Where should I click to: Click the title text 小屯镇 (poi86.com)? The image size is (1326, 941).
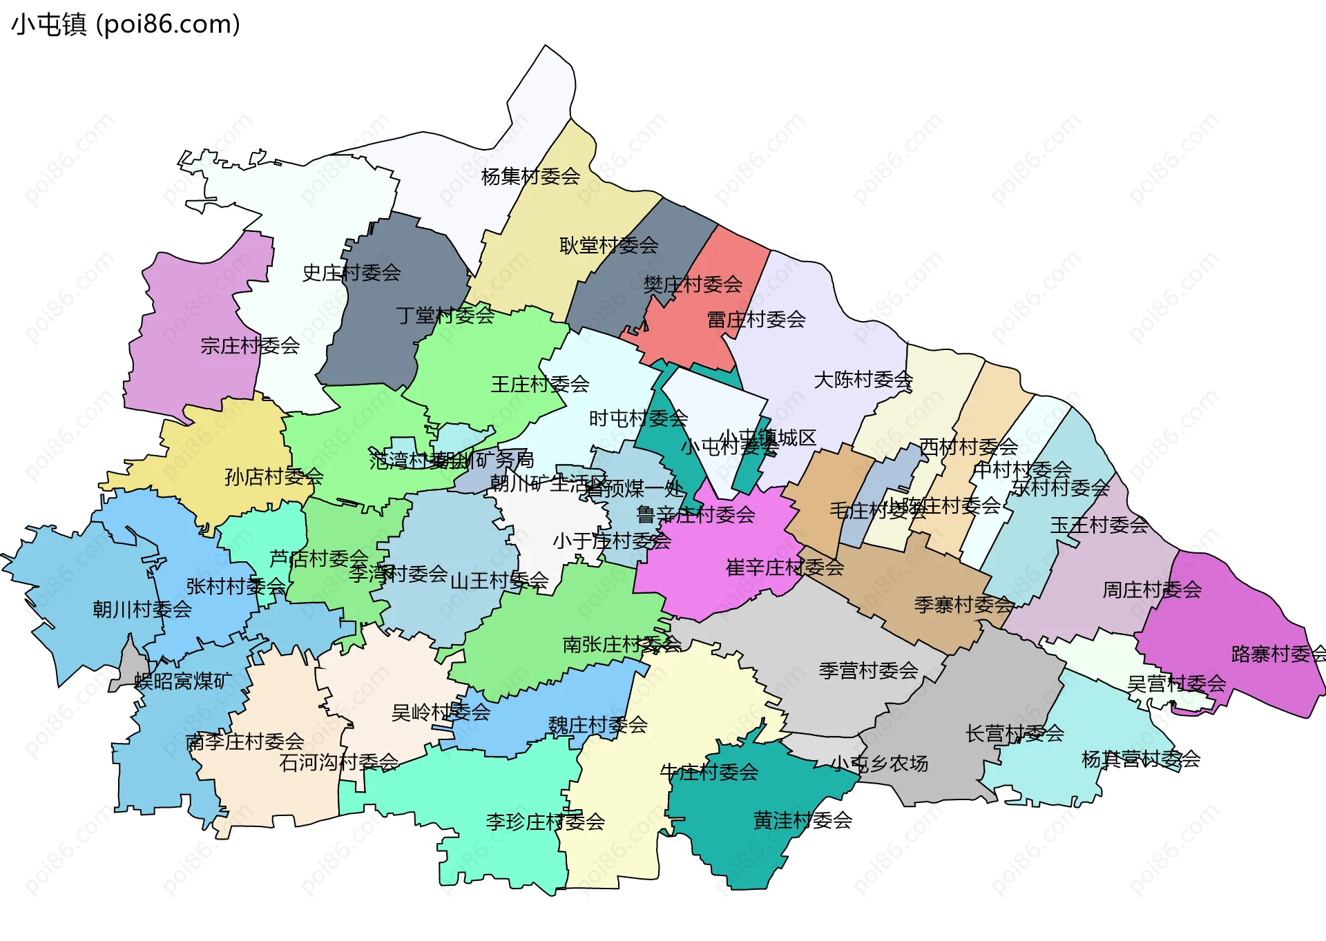(x=126, y=25)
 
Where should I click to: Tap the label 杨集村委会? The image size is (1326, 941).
(x=530, y=177)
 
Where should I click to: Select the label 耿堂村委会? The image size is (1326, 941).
(x=608, y=245)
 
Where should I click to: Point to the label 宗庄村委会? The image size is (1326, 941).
(x=250, y=345)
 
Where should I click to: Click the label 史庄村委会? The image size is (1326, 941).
(x=352, y=273)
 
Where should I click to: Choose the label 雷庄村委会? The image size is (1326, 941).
(x=756, y=320)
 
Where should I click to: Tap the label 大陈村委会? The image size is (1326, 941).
(x=863, y=380)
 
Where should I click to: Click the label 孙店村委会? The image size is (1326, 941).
(x=273, y=476)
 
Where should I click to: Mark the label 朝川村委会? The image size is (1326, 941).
(x=142, y=609)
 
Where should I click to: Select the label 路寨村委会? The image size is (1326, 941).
(x=1278, y=654)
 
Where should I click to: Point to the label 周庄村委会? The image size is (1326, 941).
(x=1152, y=590)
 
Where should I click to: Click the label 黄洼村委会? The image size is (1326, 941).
(x=803, y=820)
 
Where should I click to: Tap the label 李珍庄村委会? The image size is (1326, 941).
(x=546, y=822)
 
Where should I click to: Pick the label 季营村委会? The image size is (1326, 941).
(x=868, y=670)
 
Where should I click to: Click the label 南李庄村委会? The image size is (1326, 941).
(x=244, y=741)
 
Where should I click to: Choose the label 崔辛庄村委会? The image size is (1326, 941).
(x=785, y=567)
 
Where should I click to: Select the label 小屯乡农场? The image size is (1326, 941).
(x=879, y=764)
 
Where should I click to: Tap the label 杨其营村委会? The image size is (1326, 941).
(x=1141, y=759)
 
